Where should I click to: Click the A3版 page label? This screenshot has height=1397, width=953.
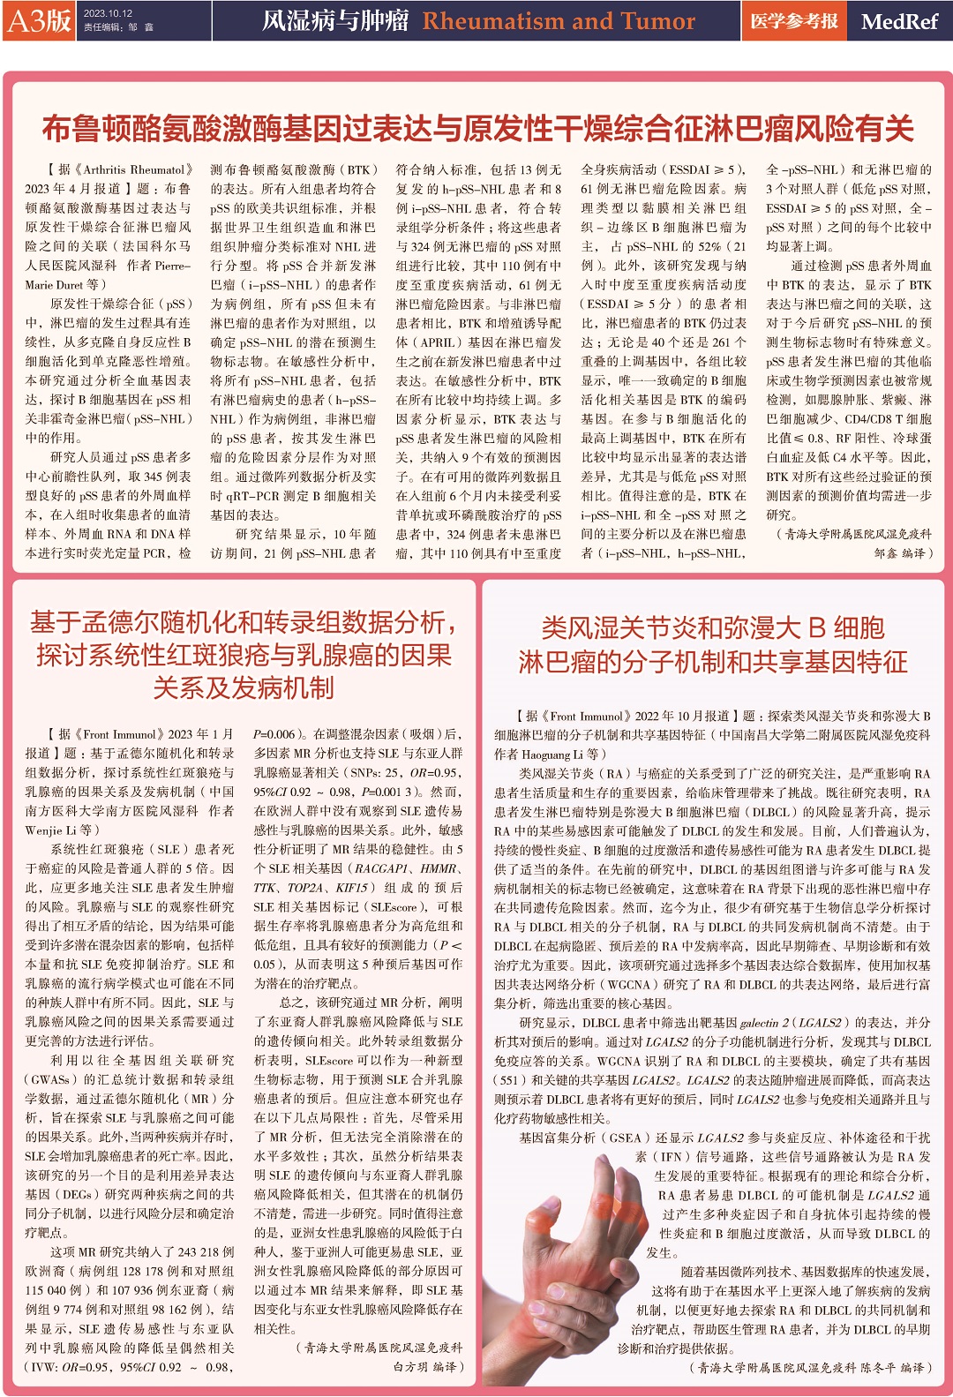[x=39, y=20]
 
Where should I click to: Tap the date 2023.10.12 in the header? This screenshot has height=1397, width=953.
[x=108, y=14]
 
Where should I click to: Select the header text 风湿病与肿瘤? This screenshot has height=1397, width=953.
[x=335, y=20]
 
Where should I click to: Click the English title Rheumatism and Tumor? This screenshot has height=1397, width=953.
[x=559, y=20]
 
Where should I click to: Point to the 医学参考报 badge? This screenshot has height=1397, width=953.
[x=793, y=20]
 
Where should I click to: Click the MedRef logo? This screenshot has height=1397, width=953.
[x=898, y=21]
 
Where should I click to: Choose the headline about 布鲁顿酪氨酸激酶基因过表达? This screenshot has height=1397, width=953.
[x=476, y=129]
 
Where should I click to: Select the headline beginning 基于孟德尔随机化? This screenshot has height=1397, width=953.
[x=244, y=655]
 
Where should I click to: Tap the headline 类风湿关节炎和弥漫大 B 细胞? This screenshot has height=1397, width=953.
[x=713, y=644]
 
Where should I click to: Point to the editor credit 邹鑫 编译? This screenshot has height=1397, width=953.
[x=903, y=552]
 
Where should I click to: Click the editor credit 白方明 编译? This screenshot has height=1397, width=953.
[x=428, y=1366]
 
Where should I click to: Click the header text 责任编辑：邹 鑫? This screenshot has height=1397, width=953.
[x=118, y=27]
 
